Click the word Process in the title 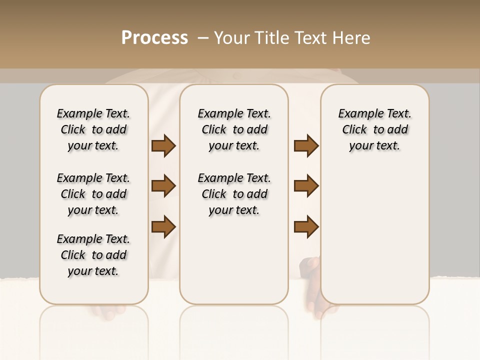(x=154, y=37)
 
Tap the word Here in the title (x=352, y=37)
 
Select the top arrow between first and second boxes (x=163, y=146)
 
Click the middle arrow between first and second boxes (x=163, y=186)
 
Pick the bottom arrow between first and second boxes (x=163, y=226)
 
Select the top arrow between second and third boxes (x=306, y=146)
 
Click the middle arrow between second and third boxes (x=306, y=186)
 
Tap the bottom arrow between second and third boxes (x=306, y=226)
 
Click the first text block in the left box (x=93, y=129)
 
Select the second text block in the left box (x=93, y=194)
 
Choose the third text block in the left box (x=93, y=255)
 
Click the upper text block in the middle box (x=234, y=129)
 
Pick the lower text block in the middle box (x=234, y=194)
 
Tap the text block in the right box (x=375, y=129)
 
